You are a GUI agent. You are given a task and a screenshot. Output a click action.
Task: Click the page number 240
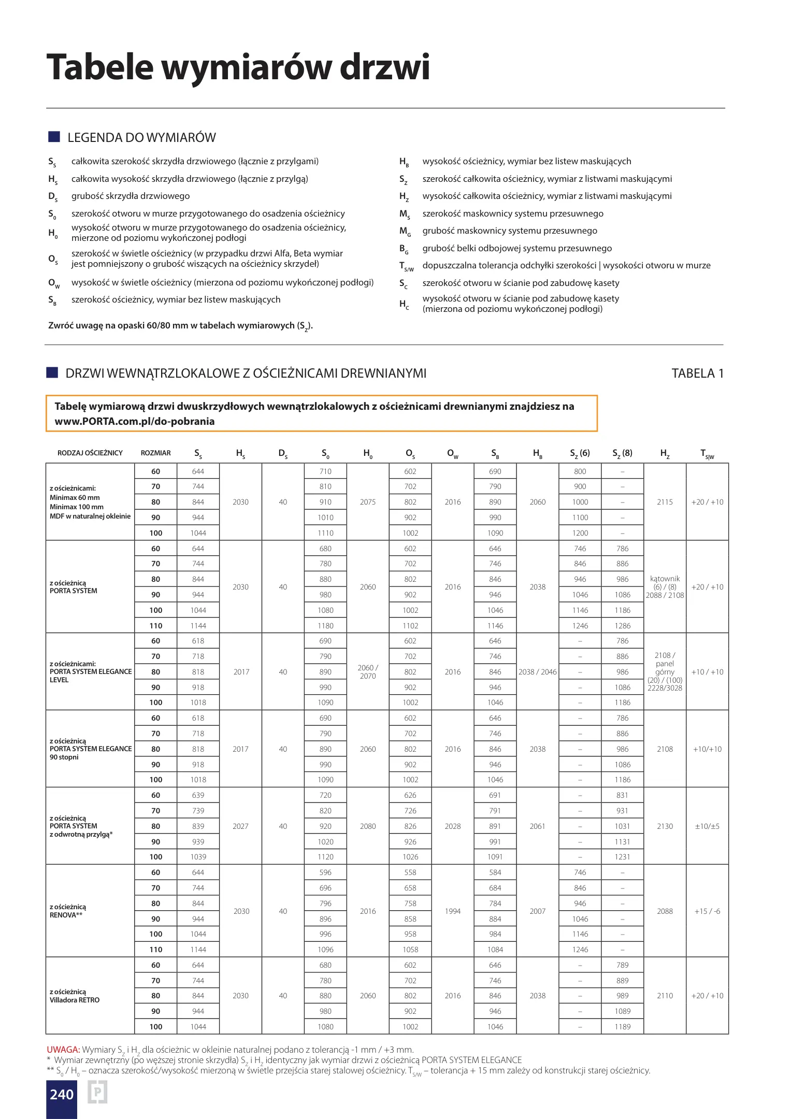click(x=62, y=1094)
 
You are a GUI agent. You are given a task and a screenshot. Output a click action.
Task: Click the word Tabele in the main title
click(x=100, y=67)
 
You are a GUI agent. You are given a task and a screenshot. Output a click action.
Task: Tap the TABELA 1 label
click(x=697, y=374)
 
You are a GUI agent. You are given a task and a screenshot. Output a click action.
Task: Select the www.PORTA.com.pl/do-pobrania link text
click(x=135, y=421)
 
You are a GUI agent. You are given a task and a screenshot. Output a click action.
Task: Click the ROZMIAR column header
click(x=155, y=453)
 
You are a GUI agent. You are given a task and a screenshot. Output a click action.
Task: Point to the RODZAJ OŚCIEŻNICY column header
click(x=90, y=453)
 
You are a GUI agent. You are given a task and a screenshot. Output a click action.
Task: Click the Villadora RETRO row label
click(x=75, y=1000)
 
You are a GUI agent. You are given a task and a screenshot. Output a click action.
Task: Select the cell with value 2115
click(x=665, y=502)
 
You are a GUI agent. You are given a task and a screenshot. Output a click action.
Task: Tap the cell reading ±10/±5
click(x=707, y=826)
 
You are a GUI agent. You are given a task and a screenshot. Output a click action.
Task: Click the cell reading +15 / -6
click(x=707, y=911)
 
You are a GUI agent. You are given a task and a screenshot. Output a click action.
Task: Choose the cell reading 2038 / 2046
click(x=538, y=672)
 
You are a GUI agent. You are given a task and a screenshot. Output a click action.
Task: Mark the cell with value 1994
click(x=453, y=911)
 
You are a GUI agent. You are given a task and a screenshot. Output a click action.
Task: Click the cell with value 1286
click(x=623, y=626)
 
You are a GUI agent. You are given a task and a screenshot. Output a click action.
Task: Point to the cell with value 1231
click(x=623, y=857)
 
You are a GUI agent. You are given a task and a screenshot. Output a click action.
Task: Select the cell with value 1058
click(x=410, y=950)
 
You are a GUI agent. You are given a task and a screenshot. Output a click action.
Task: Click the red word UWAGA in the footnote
click(x=63, y=1050)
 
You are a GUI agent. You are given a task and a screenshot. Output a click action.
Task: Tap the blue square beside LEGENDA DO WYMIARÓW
click(x=54, y=137)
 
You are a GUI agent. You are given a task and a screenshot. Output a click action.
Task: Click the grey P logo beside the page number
click(x=97, y=1093)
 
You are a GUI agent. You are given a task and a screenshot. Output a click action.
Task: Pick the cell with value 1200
click(x=580, y=533)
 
